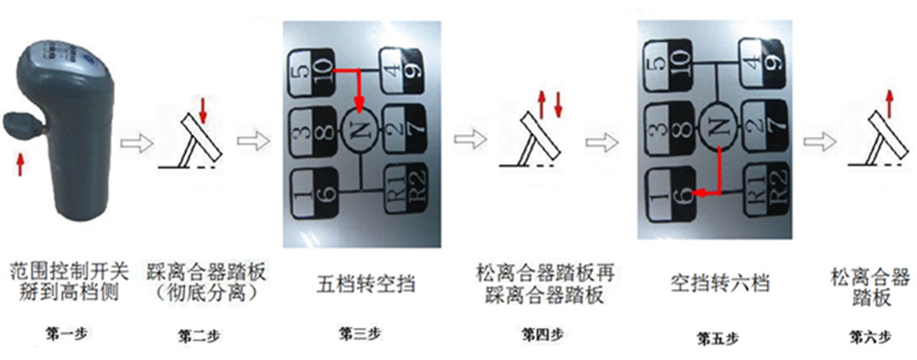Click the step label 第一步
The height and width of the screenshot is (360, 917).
click(x=65, y=333)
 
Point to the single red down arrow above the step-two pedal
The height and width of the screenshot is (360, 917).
click(x=202, y=106)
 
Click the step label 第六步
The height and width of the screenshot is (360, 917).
click(x=870, y=334)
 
